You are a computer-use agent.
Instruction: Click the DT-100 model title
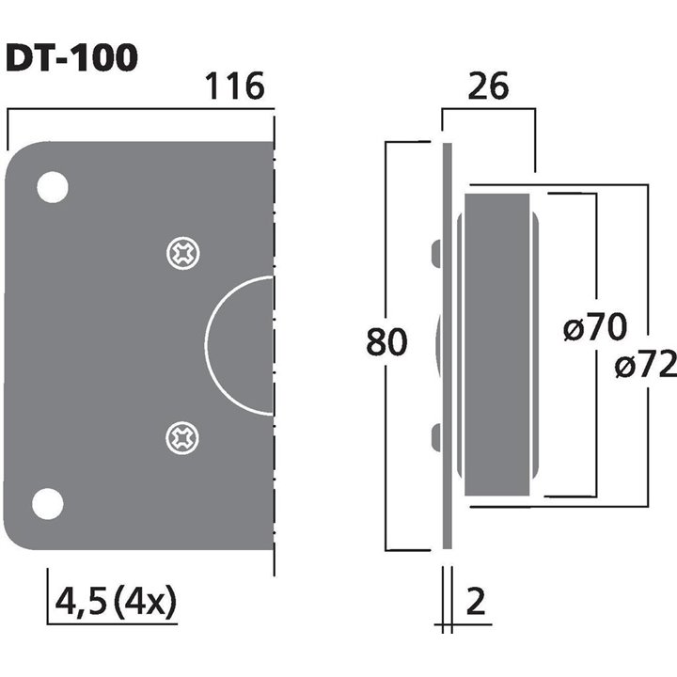tap(71, 59)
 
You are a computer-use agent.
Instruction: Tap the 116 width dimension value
tap(234, 88)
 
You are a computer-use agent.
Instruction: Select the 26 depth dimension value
tap(487, 87)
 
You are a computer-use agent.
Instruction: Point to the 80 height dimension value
tap(386, 343)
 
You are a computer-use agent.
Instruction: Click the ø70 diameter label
tap(594, 329)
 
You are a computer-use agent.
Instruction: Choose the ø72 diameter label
tap(646, 365)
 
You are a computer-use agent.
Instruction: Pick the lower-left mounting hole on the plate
tap(48, 504)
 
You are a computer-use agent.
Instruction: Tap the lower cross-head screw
tap(181, 435)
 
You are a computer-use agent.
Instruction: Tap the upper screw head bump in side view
tap(435, 253)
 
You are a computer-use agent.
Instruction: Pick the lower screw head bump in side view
tap(435, 435)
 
